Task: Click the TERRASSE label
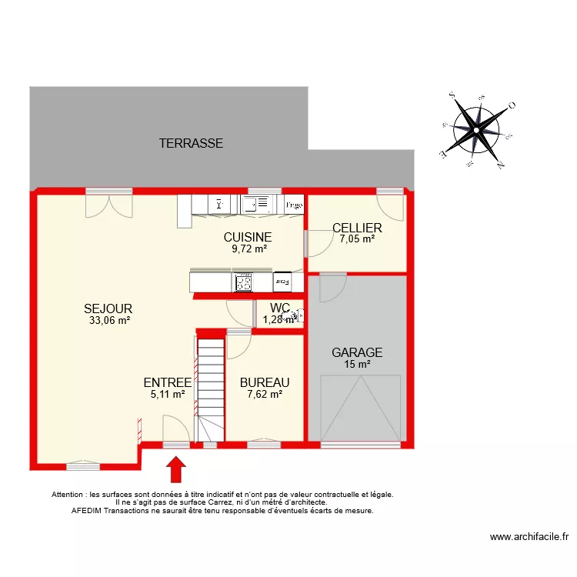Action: tap(191, 143)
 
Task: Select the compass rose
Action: tap(477, 130)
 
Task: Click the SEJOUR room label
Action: tap(108, 309)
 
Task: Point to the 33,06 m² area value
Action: tap(109, 322)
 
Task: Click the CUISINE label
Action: tap(248, 237)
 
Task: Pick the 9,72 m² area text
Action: tap(249, 248)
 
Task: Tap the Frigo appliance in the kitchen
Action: tap(293, 205)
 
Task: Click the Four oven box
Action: tap(282, 282)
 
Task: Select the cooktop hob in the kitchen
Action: tap(245, 282)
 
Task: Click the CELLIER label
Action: tap(357, 228)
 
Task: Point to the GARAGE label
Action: tap(357, 352)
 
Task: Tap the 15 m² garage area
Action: tap(357, 365)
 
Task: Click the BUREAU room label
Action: tap(265, 382)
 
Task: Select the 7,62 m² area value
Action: tap(265, 394)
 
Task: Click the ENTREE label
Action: tap(168, 382)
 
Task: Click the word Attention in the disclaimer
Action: tap(68, 495)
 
